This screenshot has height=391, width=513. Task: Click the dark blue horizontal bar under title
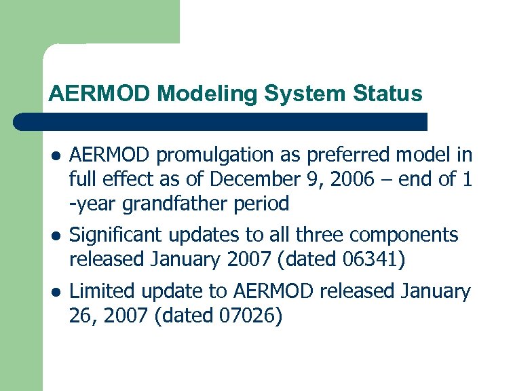tap(221, 122)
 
